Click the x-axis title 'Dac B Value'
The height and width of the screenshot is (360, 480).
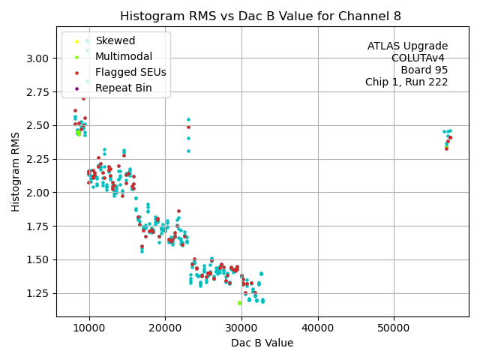pyautogui.click(x=262, y=343)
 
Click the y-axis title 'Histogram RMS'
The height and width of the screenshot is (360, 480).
pyautogui.click(x=16, y=172)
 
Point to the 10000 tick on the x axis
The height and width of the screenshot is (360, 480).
pyautogui.click(x=89, y=328)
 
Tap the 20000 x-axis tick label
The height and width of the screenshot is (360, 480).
pyautogui.click(x=166, y=328)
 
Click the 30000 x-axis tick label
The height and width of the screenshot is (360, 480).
pyautogui.click(x=241, y=328)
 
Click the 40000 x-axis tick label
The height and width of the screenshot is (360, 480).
pyautogui.click(x=318, y=328)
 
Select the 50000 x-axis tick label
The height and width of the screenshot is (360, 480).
pyautogui.click(x=394, y=328)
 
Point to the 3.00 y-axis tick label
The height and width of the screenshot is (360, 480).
pyautogui.click(x=38, y=58)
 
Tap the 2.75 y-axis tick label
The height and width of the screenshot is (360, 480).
pyautogui.click(x=38, y=92)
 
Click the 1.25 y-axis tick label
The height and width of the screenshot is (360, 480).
pyautogui.click(x=38, y=293)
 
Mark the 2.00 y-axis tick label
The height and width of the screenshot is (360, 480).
pyautogui.click(x=38, y=193)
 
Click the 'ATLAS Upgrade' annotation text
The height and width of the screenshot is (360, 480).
pyautogui.click(x=407, y=46)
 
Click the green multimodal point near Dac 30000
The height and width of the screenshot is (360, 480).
pyautogui.click(x=239, y=303)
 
